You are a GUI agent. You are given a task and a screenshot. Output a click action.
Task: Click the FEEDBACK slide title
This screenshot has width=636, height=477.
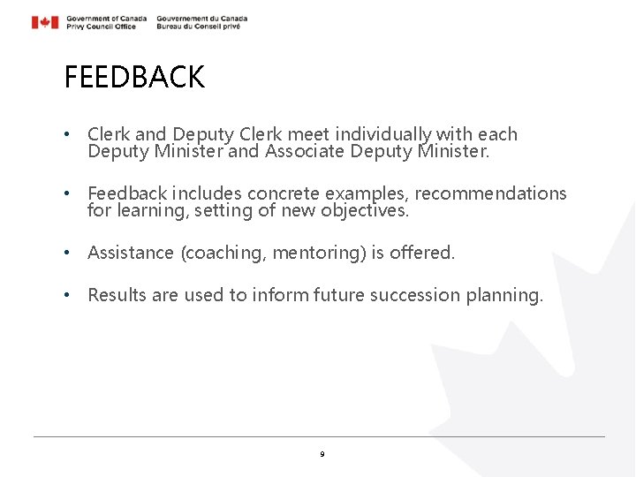click(x=134, y=78)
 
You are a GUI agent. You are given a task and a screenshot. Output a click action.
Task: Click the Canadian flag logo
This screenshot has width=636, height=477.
click(x=45, y=22)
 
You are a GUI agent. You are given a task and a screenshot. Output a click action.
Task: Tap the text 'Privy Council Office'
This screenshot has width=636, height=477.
click(x=101, y=26)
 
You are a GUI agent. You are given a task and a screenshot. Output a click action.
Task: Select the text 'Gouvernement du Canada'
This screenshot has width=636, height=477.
click(x=201, y=18)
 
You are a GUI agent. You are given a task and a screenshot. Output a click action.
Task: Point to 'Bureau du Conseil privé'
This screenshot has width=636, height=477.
click(x=198, y=26)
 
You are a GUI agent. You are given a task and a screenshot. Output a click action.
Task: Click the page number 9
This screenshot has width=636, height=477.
click(x=322, y=454)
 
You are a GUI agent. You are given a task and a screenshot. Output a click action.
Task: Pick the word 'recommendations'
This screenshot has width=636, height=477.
click(x=491, y=193)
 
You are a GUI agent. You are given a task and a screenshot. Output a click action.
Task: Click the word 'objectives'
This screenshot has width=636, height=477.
click(x=363, y=210)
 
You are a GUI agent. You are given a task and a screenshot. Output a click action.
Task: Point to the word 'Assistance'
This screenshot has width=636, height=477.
click(x=131, y=253)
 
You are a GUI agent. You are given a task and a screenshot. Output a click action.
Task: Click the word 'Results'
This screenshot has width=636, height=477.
click(x=117, y=295)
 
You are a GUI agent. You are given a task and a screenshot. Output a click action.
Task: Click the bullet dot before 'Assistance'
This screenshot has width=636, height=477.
click(x=68, y=253)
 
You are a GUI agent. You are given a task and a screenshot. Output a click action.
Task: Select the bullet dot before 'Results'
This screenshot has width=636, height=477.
click(x=68, y=295)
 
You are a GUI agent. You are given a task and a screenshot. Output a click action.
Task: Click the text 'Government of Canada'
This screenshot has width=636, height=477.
click(x=106, y=18)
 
